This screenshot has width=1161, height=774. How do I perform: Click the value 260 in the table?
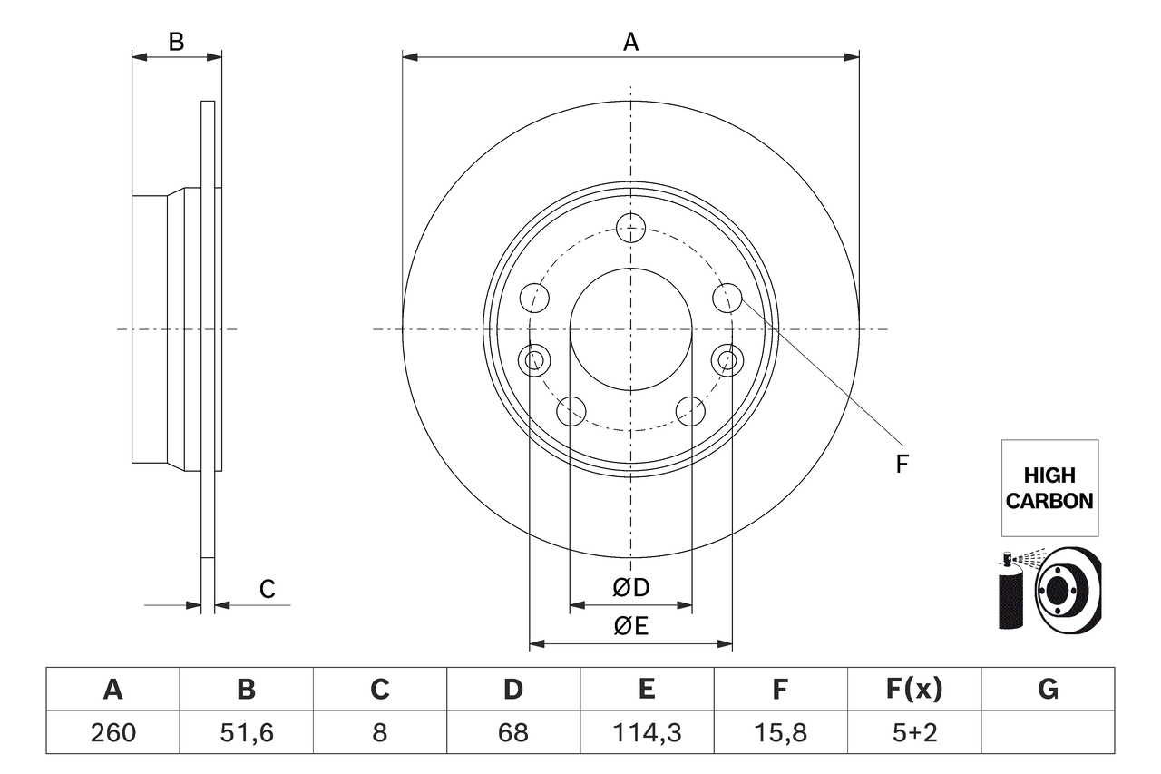click(112, 732)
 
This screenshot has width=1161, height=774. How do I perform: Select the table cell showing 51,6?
click(246, 732)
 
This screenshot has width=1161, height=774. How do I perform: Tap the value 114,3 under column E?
click(646, 732)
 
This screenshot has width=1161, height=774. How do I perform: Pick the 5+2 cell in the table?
click(913, 732)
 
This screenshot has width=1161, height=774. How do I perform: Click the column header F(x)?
click(913, 690)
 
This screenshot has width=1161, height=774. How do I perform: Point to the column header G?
click(1048, 690)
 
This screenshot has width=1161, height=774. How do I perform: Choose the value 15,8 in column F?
click(779, 732)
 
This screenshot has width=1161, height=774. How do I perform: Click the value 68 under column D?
click(512, 732)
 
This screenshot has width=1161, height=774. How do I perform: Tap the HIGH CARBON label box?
click(1049, 487)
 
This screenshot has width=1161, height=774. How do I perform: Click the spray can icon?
click(1010, 592)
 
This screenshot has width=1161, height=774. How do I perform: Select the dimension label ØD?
click(631, 588)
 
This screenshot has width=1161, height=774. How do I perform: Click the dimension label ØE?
click(631, 626)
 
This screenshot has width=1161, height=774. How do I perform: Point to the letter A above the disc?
click(630, 42)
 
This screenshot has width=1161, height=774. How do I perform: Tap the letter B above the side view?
click(177, 42)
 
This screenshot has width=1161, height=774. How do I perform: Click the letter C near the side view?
click(267, 590)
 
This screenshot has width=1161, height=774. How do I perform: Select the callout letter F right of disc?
click(902, 465)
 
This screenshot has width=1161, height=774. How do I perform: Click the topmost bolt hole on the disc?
click(630, 228)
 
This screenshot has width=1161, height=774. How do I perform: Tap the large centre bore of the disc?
click(630, 329)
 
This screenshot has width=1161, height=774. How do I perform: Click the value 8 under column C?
click(379, 732)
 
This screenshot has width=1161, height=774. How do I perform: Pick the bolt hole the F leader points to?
click(727, 297)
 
